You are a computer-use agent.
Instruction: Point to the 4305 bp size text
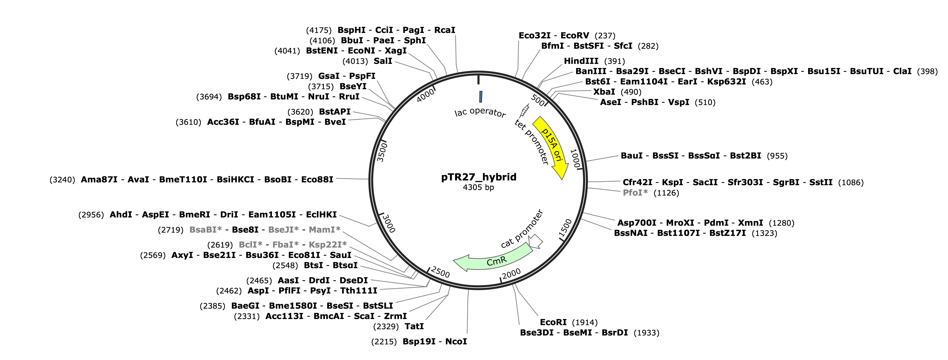click(478, 187)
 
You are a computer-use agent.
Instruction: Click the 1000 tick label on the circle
click(575, 158)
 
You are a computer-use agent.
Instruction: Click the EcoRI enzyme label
click(553, 322)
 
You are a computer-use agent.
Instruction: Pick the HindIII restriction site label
click(581, 61)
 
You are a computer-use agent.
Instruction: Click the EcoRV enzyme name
click(575, 36)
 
